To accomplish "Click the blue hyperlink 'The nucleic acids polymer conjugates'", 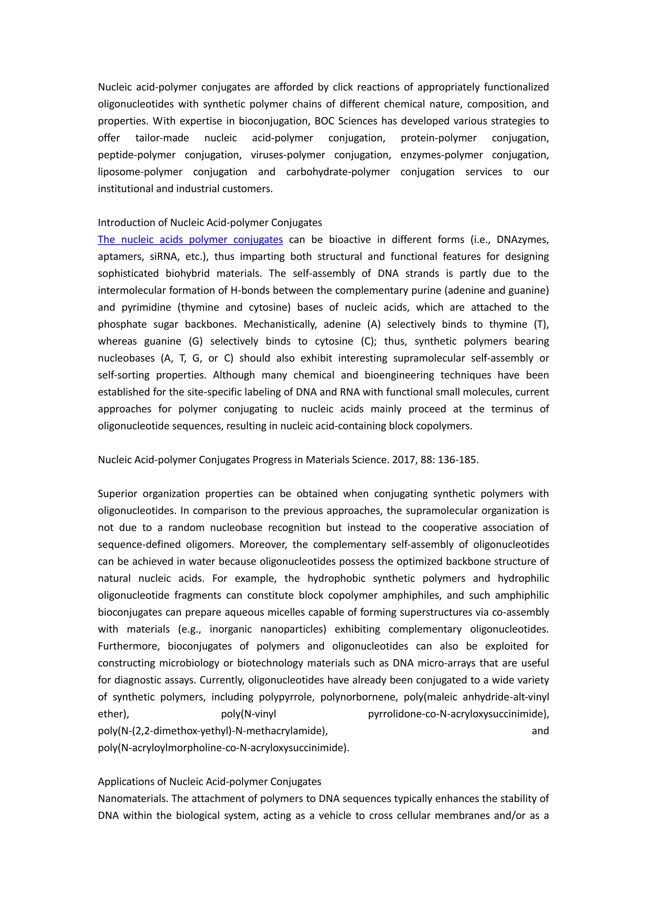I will (x=190, y=240).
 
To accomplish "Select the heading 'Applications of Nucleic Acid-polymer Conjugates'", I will (x=209, y=781).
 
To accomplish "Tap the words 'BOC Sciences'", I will (x=345, y=121).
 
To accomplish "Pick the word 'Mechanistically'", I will (x=280, y=324).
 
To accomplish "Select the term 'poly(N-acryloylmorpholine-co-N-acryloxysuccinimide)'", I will (x=223, y=748).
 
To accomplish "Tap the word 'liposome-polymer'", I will (x=140, y=172).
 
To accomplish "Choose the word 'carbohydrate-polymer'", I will (x=337, y=172).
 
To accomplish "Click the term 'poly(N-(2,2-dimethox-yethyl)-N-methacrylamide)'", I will (x=213, y=731).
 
